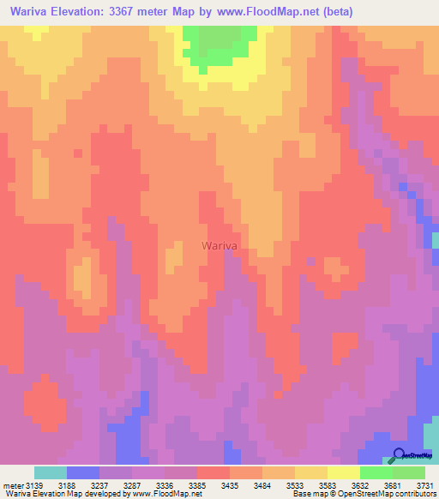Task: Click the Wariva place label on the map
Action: [219, 245]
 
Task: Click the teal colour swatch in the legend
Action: [50, 472]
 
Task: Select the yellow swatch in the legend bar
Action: [343, 472]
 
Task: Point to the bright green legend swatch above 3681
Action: [376, 472]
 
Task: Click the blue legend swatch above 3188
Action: [82, 472]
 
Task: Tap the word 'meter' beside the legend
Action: [14, 485]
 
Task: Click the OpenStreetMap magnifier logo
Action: [398, 454]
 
